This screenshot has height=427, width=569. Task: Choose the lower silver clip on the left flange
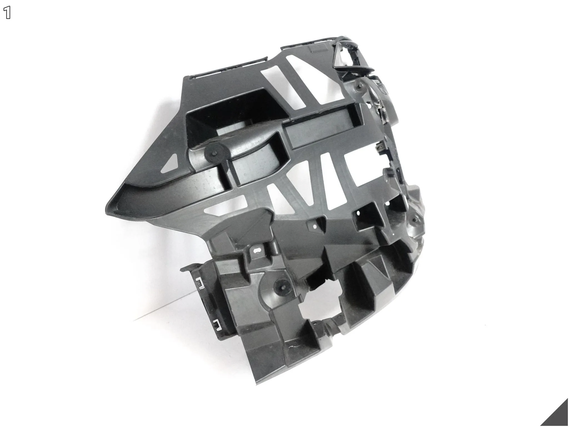tap(216, 323)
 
